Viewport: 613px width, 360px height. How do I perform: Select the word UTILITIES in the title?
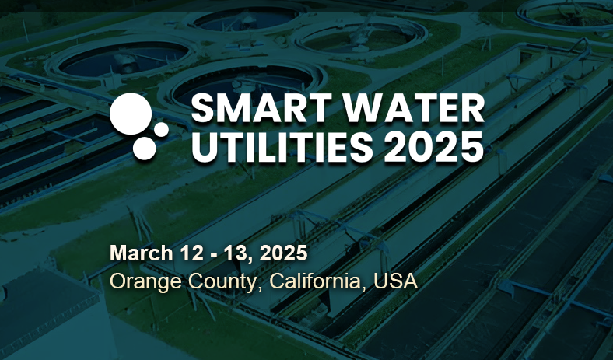282,147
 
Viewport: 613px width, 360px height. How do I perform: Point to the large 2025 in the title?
434,147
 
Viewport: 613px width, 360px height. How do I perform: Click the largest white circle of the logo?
131,114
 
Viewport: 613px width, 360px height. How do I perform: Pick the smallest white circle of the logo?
161,129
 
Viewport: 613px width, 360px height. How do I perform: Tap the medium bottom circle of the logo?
145,149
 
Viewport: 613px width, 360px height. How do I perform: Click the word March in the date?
141,253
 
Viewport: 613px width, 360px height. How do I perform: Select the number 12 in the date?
192,253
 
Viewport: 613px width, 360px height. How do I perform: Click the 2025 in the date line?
283,253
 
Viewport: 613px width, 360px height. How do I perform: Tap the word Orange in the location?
145,281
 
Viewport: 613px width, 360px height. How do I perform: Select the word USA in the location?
396,281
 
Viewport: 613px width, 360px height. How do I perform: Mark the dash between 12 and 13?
214,255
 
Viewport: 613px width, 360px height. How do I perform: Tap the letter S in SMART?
201,109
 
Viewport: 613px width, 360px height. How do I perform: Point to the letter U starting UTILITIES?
203,148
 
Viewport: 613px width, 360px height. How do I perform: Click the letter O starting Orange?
117,281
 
